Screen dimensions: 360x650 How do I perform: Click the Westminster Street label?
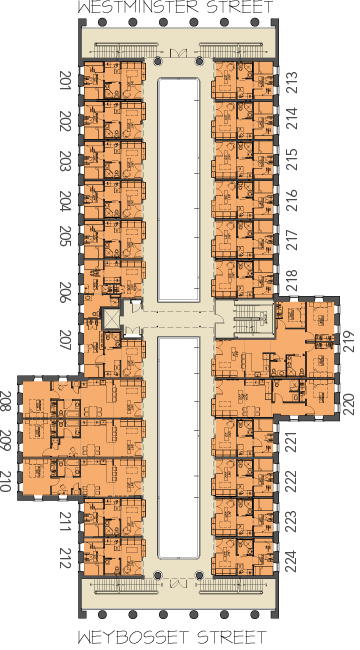[x=176, y=7]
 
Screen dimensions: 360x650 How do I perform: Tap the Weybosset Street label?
[x=172, y=637]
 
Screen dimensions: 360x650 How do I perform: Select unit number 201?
[x=66, y=81]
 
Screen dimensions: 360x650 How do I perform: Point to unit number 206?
[x=66, y=292]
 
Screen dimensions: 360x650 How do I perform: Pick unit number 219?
[x=349, y=341]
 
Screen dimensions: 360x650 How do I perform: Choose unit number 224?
[x=292, y=561]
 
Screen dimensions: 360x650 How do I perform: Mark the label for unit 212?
[x=66, y=558]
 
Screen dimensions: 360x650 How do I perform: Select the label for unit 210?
[x=7, y=481]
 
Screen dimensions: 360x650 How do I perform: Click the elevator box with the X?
[x=110, y=319]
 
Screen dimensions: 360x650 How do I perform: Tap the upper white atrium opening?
[x=178, y=189]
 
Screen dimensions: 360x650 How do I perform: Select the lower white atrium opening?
[x=178, y=447]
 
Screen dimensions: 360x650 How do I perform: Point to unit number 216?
[x=292, y=200]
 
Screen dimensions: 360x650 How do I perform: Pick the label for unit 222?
[x=292, y=481]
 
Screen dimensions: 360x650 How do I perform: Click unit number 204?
[x=66, y=201]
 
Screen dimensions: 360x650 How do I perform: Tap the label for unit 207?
[x=66, y=340]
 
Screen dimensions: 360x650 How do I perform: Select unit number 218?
[x=292, y=280]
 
